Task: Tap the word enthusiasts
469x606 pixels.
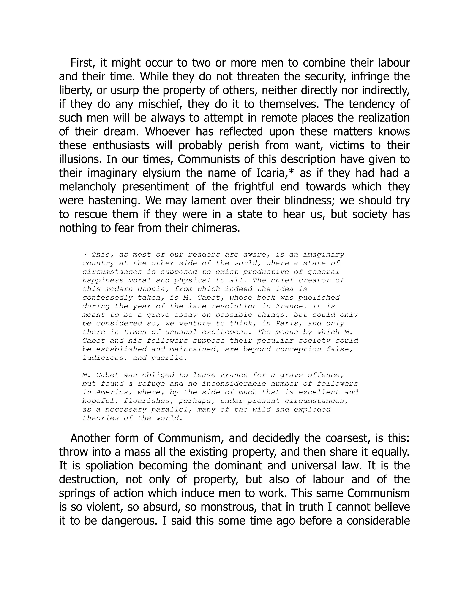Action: [x=121, y=145]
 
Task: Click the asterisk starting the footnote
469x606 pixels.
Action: [x=85, y=255]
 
